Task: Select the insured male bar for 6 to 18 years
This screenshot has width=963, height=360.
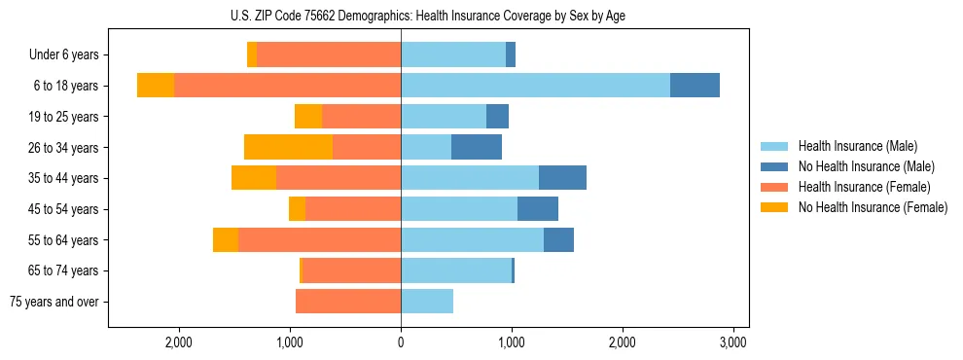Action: point(535,86)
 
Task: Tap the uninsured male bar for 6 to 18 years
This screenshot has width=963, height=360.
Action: point(695,86)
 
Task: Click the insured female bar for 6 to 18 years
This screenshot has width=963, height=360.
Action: point(287,86)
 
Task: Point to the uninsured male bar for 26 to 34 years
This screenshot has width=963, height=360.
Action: point(477,147)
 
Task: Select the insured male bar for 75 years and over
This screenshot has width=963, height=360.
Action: point(427,302)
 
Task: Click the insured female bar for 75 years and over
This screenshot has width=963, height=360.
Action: point(348,302)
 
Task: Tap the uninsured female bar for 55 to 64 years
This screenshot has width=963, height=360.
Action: point(226,239)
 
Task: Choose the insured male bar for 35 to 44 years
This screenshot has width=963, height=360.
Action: point(470,178)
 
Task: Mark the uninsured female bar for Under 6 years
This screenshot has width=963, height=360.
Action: point(252,54)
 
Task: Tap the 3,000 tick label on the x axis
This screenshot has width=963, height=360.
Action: point(732,342)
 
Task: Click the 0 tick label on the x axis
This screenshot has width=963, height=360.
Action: point(401,342)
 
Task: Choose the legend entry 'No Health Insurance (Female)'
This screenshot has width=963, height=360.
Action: point(873,207)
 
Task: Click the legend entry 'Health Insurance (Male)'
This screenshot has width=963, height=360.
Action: point(857,146)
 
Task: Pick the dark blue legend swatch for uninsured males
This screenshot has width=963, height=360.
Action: point(774,166)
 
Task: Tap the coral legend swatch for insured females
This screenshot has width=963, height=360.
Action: point(774,187)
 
